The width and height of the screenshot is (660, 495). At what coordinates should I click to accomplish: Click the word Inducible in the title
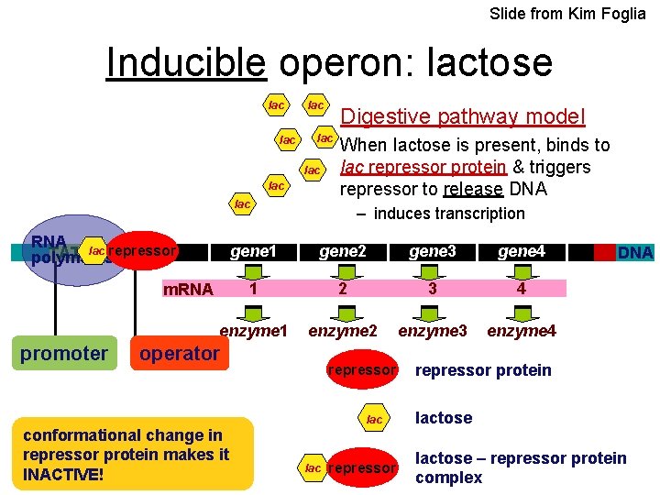[186, 63]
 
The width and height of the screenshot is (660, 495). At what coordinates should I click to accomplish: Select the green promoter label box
[64, 353]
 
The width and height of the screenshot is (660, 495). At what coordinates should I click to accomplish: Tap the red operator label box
[180, 353]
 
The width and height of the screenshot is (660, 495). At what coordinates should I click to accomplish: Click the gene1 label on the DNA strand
[254, 251]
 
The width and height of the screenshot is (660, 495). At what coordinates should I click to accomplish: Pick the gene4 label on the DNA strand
[522, 251]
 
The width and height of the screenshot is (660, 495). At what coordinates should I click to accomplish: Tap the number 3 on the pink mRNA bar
[431, 289]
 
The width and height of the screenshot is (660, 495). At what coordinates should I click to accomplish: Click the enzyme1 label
[254, 330]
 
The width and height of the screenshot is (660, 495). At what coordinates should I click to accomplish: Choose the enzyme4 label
[522, 330]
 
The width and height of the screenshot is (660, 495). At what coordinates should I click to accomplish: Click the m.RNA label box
[188, 290]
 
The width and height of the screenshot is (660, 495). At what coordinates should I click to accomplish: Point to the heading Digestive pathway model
[462, 116]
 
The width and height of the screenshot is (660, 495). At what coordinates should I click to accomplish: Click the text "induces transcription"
[449, 214]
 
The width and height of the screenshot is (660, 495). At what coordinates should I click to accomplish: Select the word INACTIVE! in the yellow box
[63, 474]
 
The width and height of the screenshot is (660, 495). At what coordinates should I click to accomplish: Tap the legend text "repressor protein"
[483, 370]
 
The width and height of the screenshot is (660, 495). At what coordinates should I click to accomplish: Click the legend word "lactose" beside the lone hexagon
[444, 418]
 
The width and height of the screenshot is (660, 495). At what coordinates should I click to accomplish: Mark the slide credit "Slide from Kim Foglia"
[567, 14]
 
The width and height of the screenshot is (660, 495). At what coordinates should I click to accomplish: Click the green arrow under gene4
[522, 270]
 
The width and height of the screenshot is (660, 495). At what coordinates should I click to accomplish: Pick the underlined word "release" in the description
[473, 190]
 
